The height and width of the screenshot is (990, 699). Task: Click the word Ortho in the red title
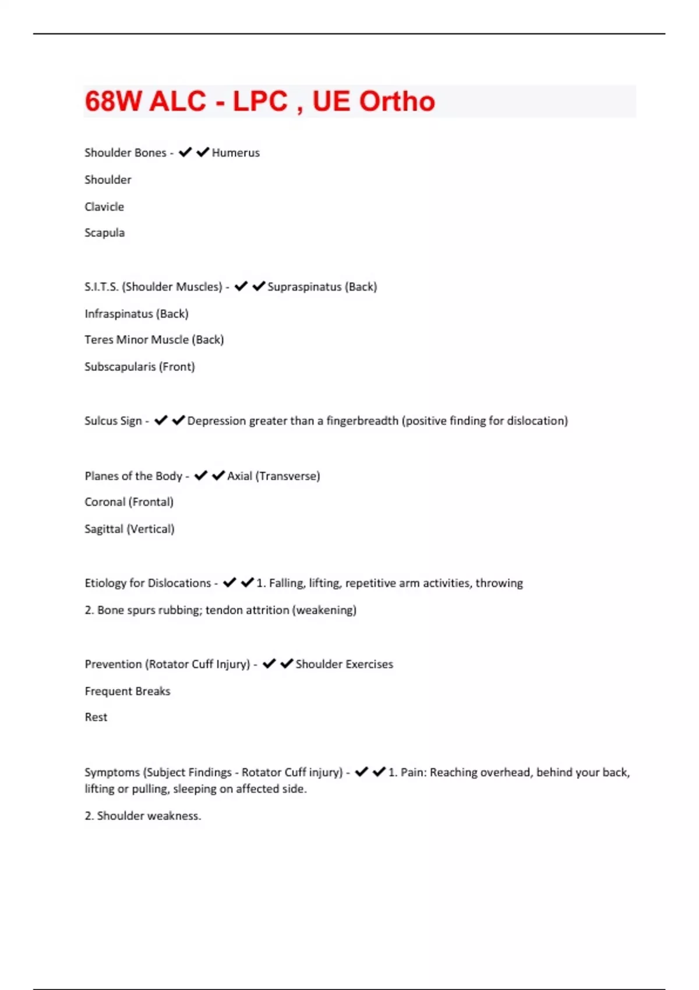tap(397, 101)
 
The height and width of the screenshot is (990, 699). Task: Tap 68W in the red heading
tap(114, 101)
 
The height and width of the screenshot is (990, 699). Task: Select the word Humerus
tap(236, 153)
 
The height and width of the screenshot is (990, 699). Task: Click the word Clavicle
tap(104, 207)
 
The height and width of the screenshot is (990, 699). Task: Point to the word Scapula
tap(104, 233)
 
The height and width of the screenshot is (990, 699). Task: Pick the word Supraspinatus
tap(304, 287)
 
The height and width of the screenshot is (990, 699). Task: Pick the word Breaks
tap(154, 691)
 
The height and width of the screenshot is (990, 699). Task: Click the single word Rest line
tap(96, 717)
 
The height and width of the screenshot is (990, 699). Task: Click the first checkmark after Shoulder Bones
tap(185, 153)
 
